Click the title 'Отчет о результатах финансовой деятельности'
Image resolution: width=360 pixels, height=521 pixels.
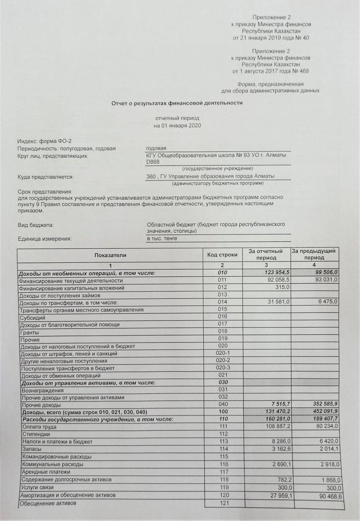coord(177,103)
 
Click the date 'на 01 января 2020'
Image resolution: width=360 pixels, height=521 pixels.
coord(177,126)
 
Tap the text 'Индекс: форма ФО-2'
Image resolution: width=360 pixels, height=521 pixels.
coord(41,141)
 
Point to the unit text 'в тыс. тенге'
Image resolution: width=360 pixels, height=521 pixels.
coord(162,238)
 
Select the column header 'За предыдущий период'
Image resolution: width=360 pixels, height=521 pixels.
coord(314,255)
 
